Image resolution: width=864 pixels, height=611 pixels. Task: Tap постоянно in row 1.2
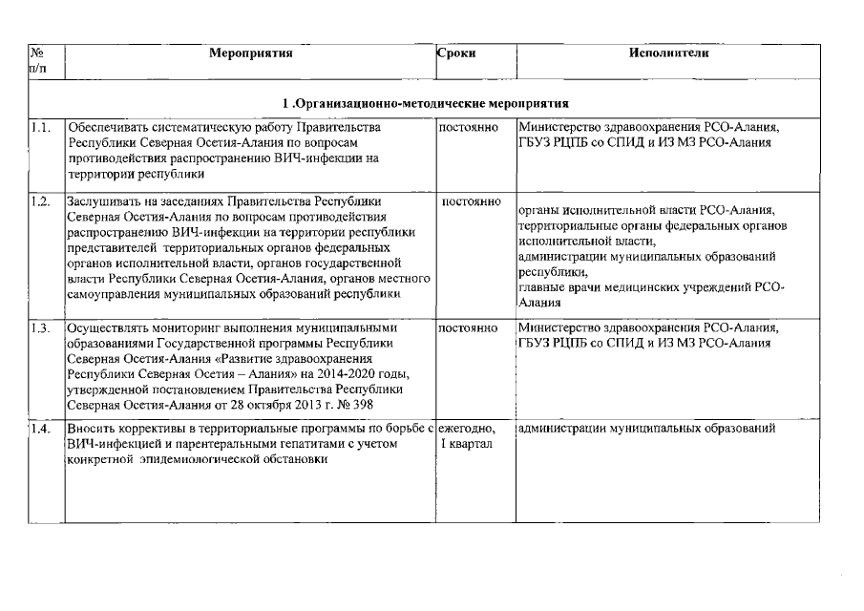(472, 201)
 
